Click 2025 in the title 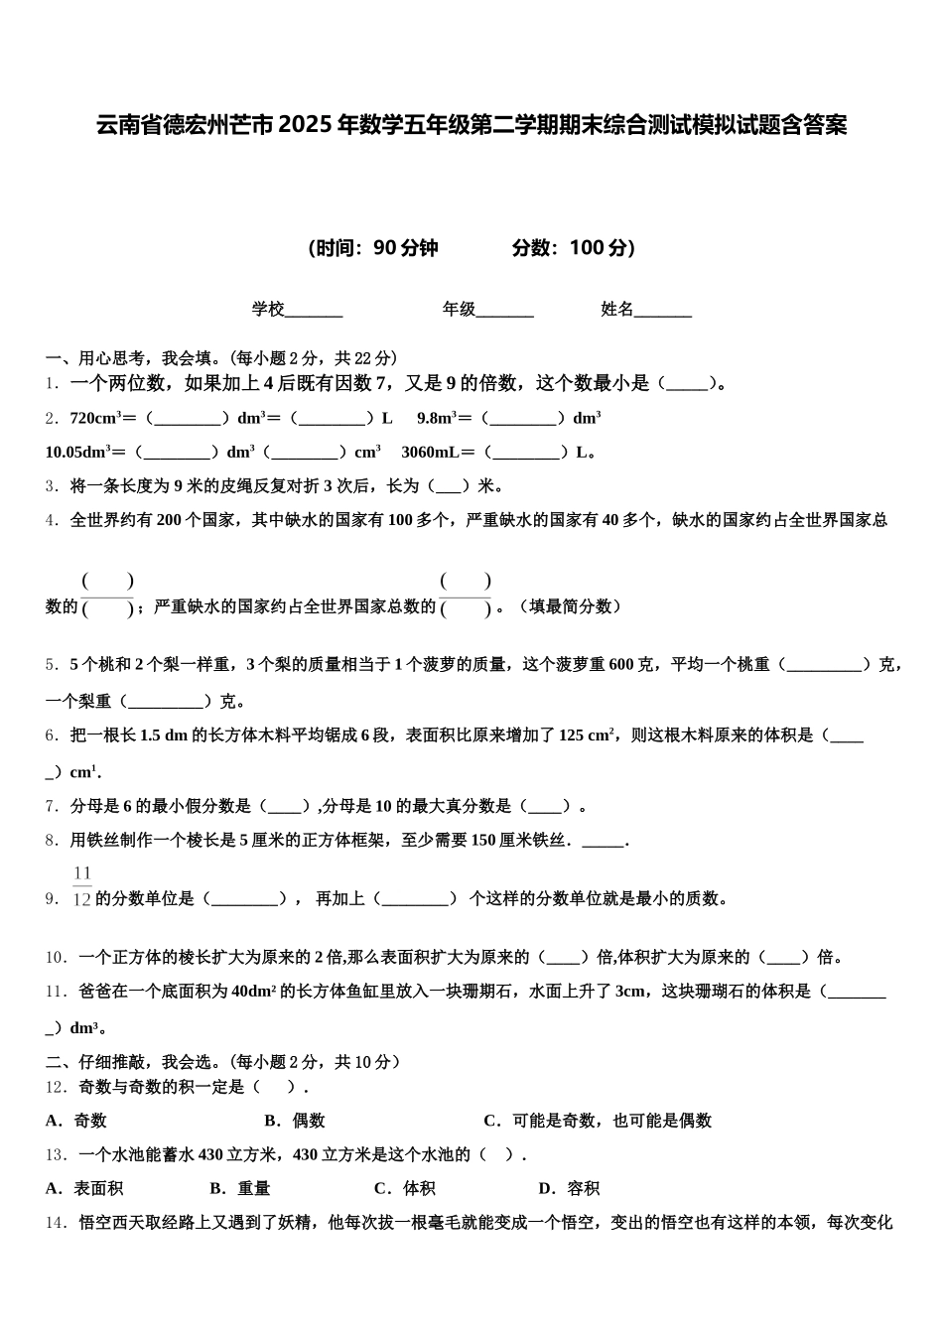pyautogui.click(x=306, y=126)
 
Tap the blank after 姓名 pyautogui.click(x=662, y=311)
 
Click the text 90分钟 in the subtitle pyautogui.click(x=406, y=248)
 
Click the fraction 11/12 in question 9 pyautogui.click(x=82, y=887)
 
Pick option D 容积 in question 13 pyautogui.click(x=570, y=1188)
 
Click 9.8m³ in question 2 pyautogui.click(x=437, y=418)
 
